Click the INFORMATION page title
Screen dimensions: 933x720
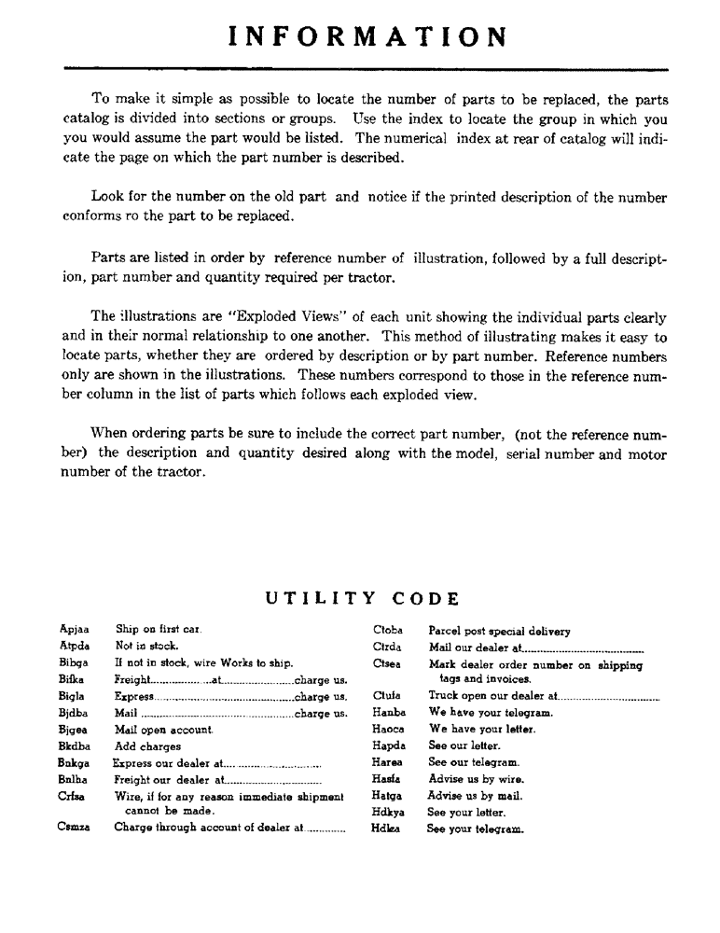(367, 37)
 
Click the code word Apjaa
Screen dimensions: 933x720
(74, 630)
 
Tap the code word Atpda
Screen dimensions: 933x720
(74, 646)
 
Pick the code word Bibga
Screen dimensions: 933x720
(74, 662)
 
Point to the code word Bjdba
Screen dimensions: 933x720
(74, 713)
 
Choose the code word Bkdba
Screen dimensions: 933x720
(74, 746)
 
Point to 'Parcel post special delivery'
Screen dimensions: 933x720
(499, 632)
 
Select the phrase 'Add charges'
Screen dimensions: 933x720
(147, 746)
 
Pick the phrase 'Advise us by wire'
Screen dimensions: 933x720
(476, 779)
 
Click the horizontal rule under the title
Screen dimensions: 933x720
(366, 69)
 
